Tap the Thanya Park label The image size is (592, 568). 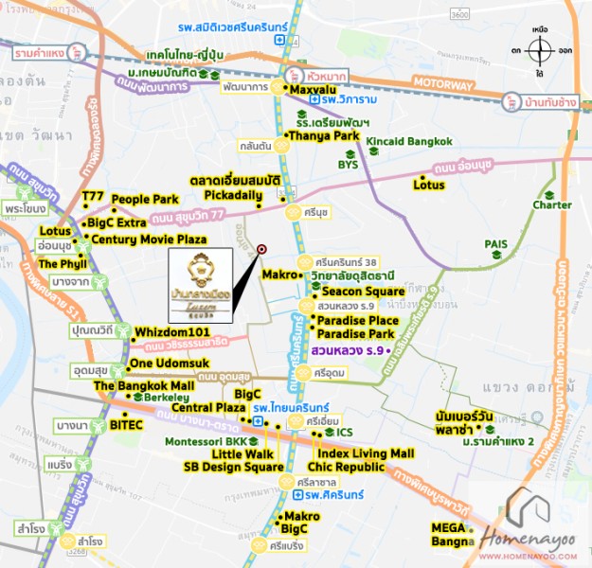coord(322,134)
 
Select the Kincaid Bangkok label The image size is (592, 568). coord(409,142)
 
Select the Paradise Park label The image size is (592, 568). coord(355,334)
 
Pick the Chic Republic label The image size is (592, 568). coord(348,467)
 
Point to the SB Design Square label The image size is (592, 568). coord(233,467)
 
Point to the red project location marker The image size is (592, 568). coord(261,250)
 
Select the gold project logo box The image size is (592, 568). coord(199,280)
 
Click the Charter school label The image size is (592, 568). coord(552,205)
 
